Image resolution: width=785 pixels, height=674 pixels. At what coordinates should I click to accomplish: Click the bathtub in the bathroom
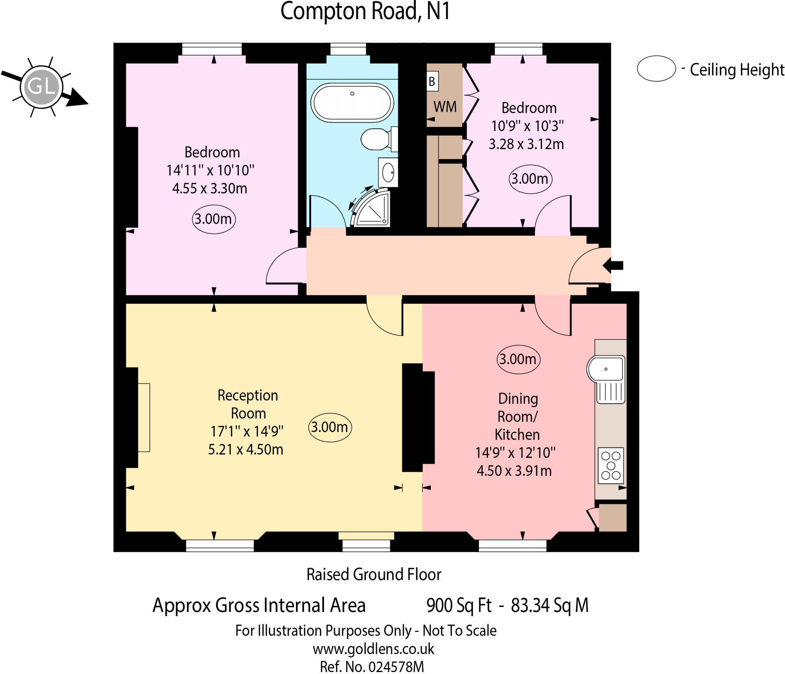coord(352,103)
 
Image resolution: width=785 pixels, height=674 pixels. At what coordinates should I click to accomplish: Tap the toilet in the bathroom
coord(376,139)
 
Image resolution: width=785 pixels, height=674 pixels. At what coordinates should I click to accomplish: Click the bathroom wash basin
coord(388,173)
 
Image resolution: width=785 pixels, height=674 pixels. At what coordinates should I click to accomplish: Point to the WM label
coord(445,107)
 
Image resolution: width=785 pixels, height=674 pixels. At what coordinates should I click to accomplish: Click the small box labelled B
coord(432,82)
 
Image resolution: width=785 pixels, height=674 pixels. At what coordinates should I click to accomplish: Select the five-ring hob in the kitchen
coord(611,465)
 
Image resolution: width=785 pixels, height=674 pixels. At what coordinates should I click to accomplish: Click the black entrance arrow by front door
coord(613,265)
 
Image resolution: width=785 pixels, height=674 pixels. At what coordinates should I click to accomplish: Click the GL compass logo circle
coord(41,87)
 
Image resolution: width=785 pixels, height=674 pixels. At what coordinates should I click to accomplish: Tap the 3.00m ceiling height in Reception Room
coord(330,427)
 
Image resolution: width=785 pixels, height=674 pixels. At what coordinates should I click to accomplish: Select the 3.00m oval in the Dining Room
coord(518,359)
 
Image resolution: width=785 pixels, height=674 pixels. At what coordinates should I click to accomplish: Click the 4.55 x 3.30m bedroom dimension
coord(210,188)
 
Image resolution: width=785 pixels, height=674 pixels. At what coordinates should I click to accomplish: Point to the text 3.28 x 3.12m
coord(526,144)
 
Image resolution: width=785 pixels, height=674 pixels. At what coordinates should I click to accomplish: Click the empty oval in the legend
coord(656,69)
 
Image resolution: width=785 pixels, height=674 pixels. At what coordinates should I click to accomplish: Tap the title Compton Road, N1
coord(365,11)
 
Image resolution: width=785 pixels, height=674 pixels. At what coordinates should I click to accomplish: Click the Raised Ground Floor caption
coord(374,574)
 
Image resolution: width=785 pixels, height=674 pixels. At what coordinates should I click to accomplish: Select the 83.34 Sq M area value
coord(549,605)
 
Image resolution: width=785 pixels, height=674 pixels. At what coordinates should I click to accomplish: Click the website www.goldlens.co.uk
coord(373,649)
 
